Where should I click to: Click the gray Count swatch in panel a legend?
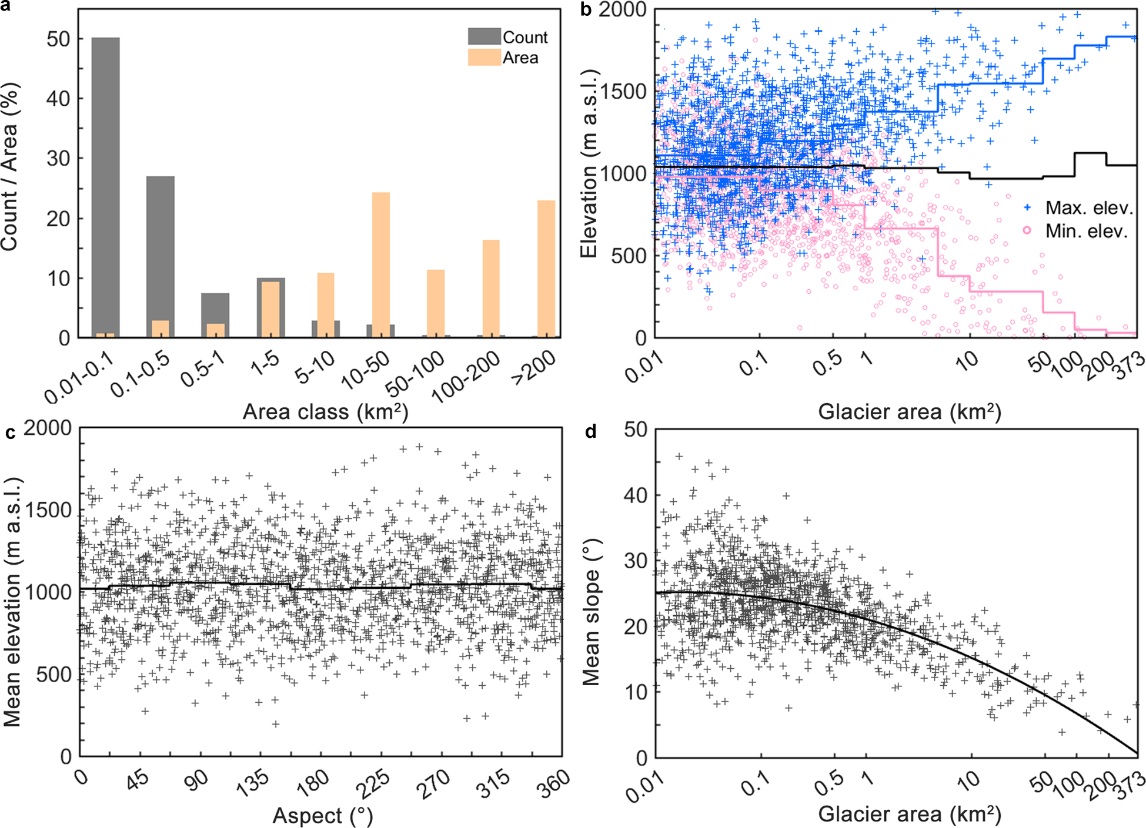coord(484,36)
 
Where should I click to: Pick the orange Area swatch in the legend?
coord(484,58)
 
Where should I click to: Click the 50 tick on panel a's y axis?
coord(58,39)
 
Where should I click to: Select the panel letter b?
coord(586,11)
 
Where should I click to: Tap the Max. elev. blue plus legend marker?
coord(1027,207)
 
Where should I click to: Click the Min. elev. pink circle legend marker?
coord(1027,230)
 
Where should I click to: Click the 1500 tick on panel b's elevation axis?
coord(623,91)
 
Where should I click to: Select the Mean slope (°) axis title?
coord(591,611)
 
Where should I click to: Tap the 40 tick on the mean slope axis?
coord(635,495)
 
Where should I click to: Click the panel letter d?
coord(590,433)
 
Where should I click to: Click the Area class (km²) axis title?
coord(325,411)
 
